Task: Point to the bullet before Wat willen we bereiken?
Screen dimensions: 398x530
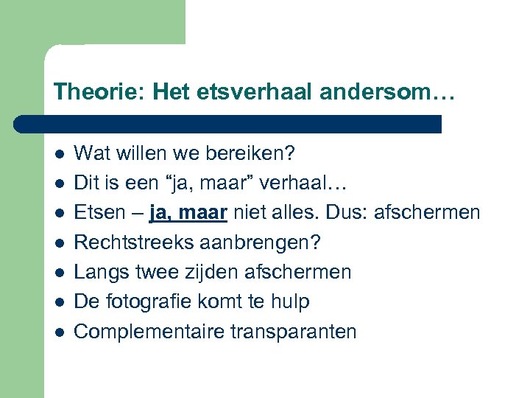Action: [60, 154]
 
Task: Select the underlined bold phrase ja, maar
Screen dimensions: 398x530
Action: [188, 213]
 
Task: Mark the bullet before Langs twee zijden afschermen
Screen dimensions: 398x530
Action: [60, 273]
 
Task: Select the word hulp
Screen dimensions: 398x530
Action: [289, 302]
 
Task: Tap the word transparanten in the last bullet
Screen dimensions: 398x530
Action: [297, 332]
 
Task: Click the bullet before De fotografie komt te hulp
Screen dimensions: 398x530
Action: [60, 302]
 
